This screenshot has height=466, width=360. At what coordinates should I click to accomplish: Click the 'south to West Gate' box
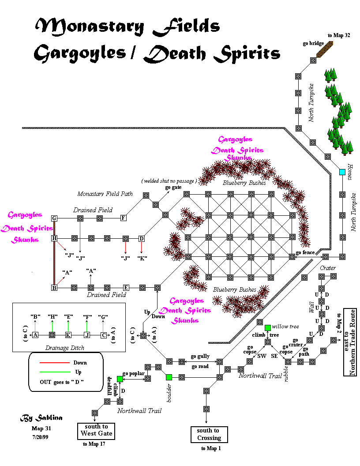point(97,430)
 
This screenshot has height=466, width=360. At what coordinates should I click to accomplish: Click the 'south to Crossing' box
point(209,434)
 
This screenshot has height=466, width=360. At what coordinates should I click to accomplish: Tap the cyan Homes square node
point(342,172)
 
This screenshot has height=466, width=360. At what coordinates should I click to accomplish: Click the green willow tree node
point(268,327)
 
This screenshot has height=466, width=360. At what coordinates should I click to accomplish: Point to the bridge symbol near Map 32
point(326,49)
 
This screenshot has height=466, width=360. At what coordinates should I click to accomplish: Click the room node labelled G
point(54,218)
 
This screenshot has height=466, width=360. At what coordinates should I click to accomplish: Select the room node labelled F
point(123,218)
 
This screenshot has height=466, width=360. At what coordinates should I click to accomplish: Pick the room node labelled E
point(126,287)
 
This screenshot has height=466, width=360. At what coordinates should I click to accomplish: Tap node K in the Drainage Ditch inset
point(68,335)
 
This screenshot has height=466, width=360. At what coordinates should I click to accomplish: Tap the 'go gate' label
point(173,188)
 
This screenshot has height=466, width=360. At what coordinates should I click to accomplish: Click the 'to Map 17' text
point(94,444)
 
